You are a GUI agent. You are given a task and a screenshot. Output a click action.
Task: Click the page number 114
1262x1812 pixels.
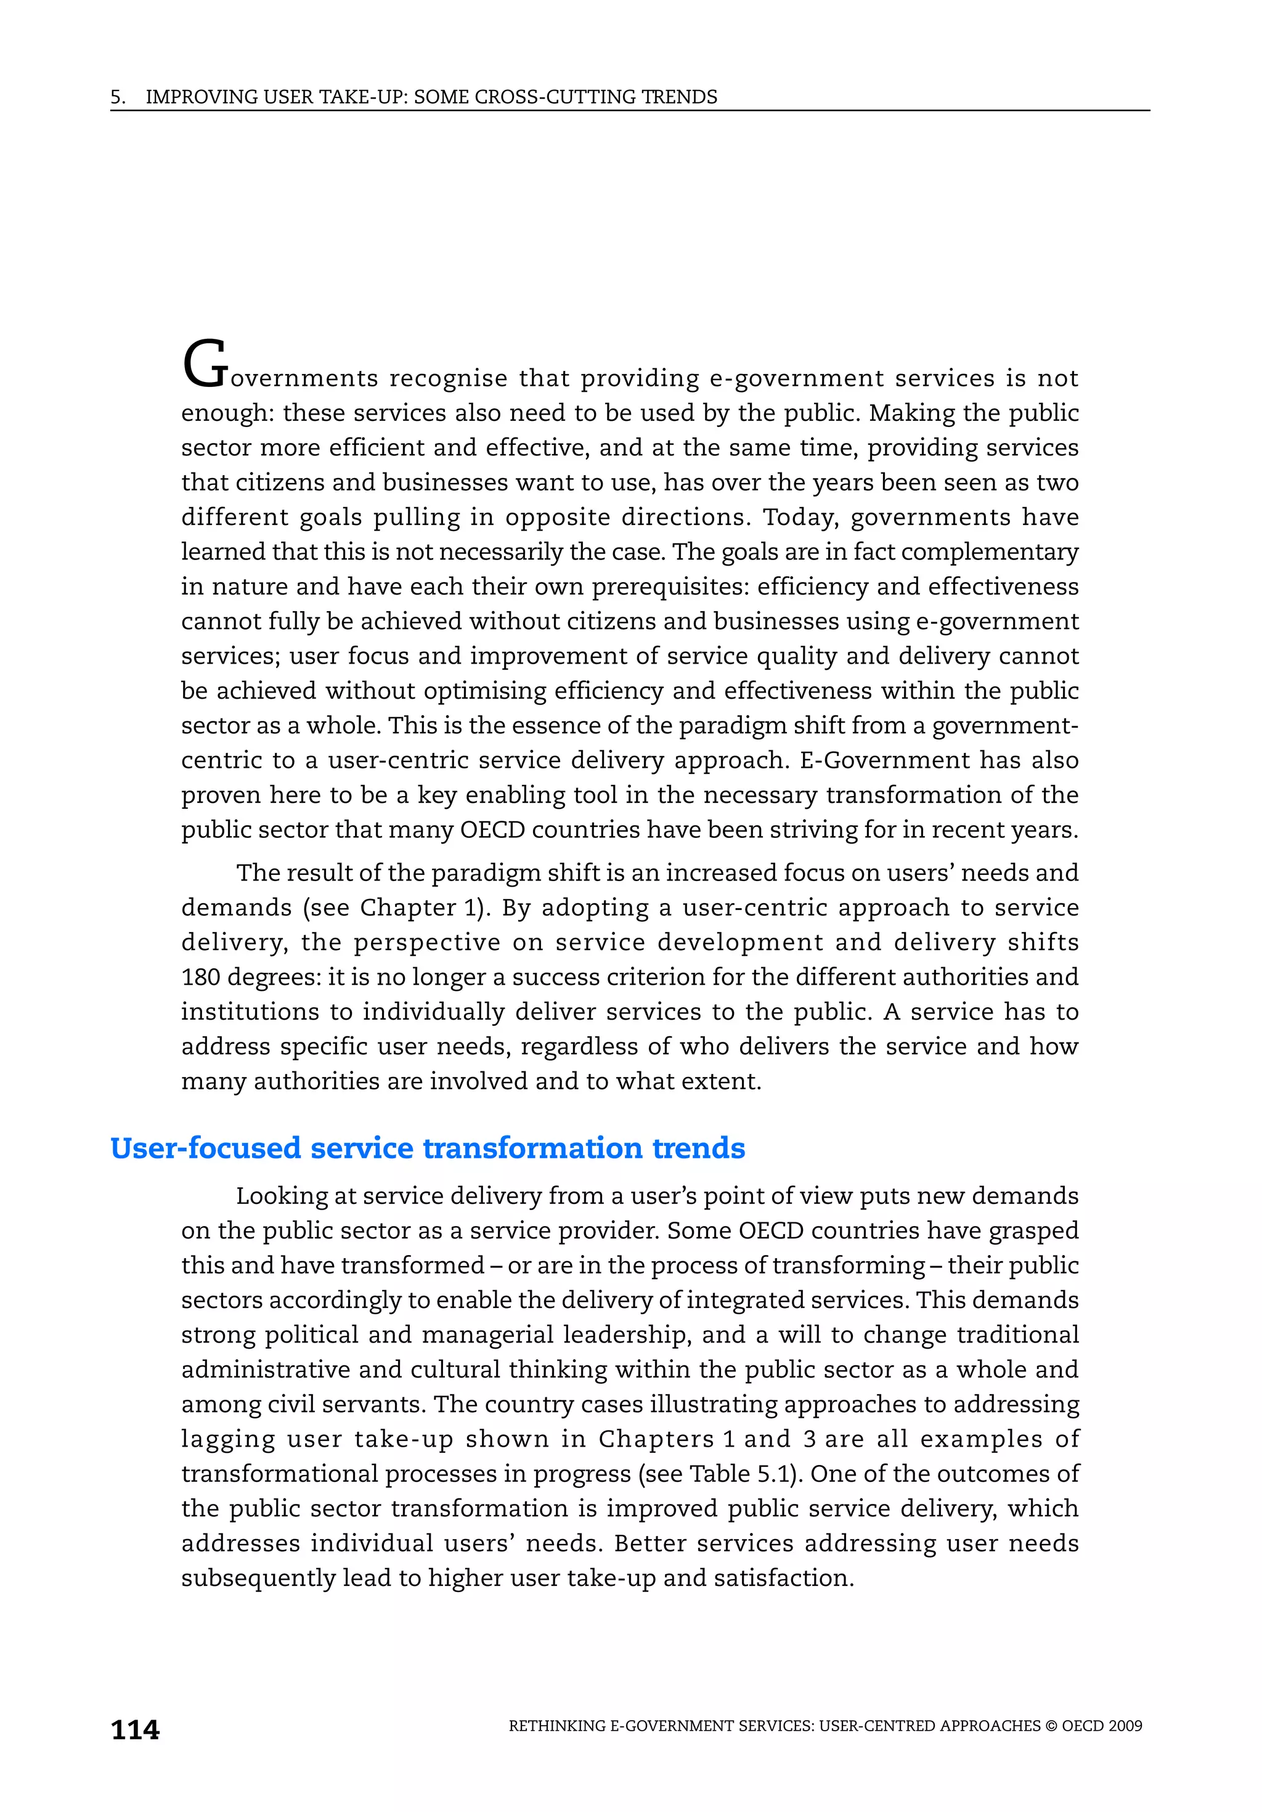(135, 1730)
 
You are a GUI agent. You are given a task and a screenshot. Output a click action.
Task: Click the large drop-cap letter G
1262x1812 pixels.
(205, 365)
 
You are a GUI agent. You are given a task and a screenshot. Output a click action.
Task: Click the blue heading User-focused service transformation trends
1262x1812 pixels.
(427, 1147)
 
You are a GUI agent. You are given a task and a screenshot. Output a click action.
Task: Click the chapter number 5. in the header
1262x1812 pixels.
(118, 97)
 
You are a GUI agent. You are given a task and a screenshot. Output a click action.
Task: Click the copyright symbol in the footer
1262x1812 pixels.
(1051, 1726)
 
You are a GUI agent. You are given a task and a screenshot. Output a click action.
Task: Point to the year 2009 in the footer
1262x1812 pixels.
(1125, 1726)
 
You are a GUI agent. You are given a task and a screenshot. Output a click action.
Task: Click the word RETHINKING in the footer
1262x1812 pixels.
(557, 1726)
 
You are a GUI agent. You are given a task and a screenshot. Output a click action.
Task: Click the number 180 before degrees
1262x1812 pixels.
(200, 977)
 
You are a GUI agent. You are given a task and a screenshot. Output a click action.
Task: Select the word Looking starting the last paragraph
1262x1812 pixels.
(281, 1196)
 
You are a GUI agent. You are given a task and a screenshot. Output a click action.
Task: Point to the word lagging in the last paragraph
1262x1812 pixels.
(227, 1439)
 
